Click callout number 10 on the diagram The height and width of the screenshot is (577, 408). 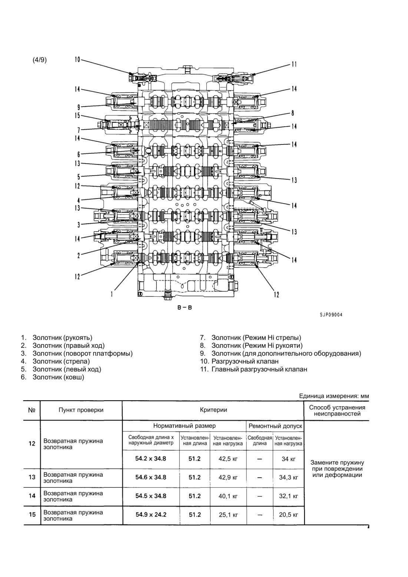tap(77, 60)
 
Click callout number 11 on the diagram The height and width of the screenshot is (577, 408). tap(294, 64)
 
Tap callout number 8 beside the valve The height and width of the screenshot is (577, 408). tap(292, 113)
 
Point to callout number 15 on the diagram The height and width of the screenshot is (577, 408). tap(77, 116)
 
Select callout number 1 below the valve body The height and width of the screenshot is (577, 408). tap(112, 294)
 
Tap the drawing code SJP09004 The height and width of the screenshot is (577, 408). tap(331, 315)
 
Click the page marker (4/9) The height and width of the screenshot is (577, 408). tap(39, 60)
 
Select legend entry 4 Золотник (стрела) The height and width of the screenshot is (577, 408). tap(56, 361)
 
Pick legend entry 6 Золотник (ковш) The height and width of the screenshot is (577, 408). tap(53, 377)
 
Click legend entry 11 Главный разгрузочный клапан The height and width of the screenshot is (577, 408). tap(253, 369)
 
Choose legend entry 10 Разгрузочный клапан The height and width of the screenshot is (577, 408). tap(239, 361)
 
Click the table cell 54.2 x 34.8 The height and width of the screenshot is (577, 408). tap(151, 458)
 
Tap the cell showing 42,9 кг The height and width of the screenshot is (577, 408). tap(228, 477)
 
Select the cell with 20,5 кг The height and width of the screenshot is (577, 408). tap(288, 515)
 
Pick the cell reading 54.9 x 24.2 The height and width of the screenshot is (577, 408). tap(151, 515)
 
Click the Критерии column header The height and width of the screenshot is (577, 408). tap(213, 410)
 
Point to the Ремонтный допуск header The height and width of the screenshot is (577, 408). tap(275, 426)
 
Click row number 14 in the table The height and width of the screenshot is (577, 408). tap(32, 496)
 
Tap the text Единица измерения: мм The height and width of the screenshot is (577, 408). tap(334, 396)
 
